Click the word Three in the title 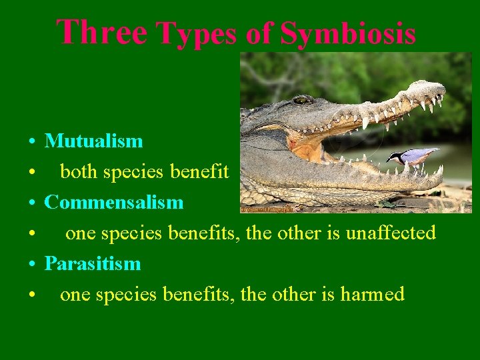101,32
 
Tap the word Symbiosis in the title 348,34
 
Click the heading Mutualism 93,141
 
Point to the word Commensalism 113,202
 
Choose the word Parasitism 93,263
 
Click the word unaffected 391,233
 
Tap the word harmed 373,294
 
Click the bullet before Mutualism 32,142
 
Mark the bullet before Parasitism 32,265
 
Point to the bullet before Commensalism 32,203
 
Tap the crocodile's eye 303,100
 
